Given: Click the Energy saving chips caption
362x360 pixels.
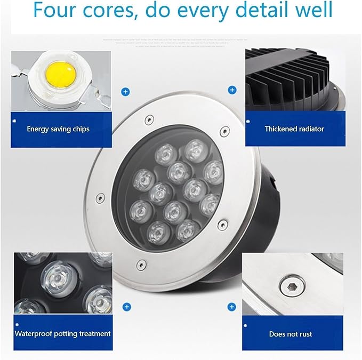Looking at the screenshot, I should coord(58,129).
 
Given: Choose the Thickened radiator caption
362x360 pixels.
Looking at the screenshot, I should coord(294,129).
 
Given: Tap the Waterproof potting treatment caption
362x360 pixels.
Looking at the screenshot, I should coord(62,334).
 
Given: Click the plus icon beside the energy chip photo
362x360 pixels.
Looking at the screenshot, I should coord(125,92).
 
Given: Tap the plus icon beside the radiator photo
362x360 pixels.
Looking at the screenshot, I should coord(232,90).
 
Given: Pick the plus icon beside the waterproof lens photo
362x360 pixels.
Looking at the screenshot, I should coord(126,307).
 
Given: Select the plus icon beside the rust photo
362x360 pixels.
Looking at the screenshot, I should coord(232,307).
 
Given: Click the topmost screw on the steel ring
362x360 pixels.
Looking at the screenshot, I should coord(150,118).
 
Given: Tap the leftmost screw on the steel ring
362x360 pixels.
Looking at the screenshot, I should coord(99,198).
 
